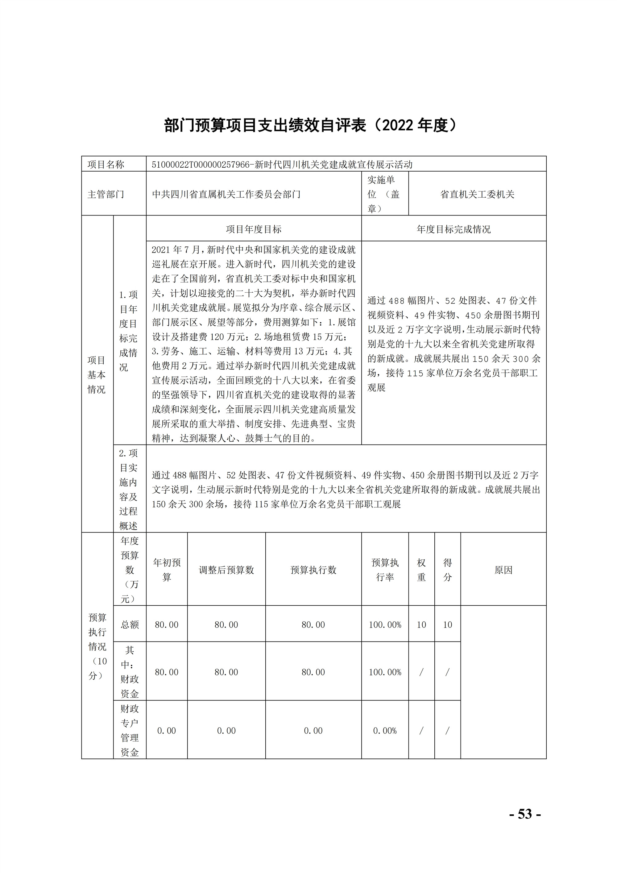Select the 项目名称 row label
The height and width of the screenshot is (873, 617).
pyautogui.click(x=106, y=165)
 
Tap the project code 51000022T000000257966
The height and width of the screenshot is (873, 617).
pyautogui.click(x=200, y=165)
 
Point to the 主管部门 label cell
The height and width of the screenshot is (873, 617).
pyautogui.click(x=106, y=194)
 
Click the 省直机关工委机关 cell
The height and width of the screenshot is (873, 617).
pyautogui.click(x=477, y=194)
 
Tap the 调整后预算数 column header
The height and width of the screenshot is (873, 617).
pyautogui.click(x=226, y=570)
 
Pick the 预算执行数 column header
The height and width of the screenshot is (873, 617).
pyautogui.click(x=313, y=570)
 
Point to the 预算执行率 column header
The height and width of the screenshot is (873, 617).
pyautogui.click(x=385, y=570)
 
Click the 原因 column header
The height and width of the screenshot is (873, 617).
pyautogui.click(x=503, y=570)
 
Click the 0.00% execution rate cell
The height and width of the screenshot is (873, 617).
pyautogui.click(x=385, y=730)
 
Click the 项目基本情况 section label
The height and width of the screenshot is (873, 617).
pyautogui.click(x=97, y=374)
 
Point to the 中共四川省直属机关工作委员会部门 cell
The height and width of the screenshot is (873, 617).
pyautogui.click(x=226, y=194)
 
